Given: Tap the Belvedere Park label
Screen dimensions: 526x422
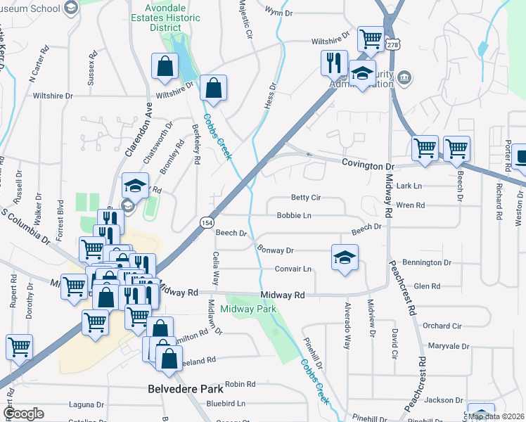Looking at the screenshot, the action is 185,388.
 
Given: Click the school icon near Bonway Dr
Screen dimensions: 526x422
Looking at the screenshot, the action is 345,257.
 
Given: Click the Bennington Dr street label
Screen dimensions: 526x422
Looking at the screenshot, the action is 428,262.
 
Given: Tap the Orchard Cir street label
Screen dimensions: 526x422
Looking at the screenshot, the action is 442,326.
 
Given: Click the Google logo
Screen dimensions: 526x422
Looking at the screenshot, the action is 23,414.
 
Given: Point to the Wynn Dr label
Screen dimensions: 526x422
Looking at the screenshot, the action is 278,11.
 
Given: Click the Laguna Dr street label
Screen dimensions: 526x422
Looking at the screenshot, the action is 86,404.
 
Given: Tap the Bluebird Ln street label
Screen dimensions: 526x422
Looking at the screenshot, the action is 226,404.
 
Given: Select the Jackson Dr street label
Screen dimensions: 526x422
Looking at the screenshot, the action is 443,400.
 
